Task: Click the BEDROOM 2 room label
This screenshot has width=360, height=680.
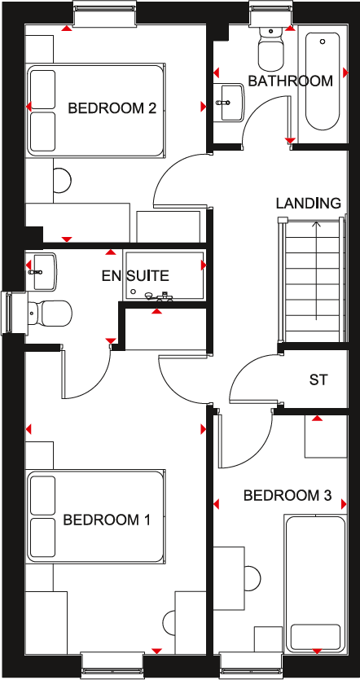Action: click(112, 107)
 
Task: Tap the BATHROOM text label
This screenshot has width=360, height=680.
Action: click(291, 81)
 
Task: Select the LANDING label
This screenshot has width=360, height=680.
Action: click(308, 203)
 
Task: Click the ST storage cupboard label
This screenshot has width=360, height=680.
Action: click(318, 379)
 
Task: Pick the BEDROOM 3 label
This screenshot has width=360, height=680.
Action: click(288, 495)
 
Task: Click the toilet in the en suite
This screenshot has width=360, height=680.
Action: click(50, 310)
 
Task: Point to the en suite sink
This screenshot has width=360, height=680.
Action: click(42, 268)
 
